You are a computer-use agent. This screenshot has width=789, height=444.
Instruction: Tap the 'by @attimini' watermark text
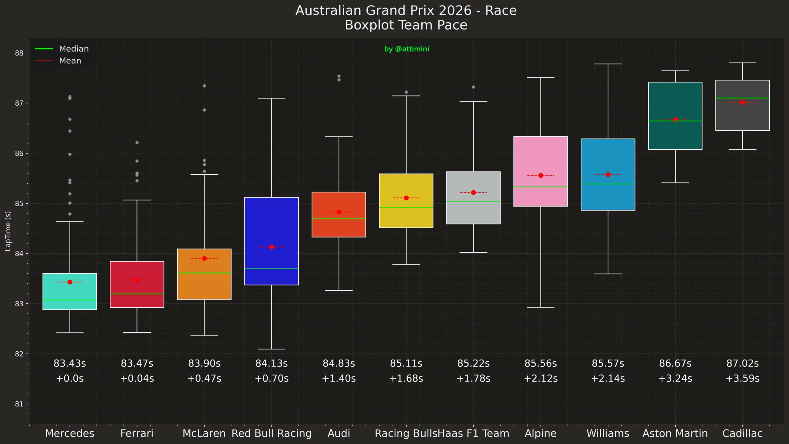tap(406, 49)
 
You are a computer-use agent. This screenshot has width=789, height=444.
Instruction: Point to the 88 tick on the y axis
tap(19, 53)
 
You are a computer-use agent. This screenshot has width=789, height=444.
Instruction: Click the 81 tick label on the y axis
tap(19, 404)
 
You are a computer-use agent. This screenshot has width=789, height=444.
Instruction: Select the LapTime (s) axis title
tap(8, 231)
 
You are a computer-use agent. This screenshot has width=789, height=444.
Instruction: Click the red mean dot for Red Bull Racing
tap(272, 247)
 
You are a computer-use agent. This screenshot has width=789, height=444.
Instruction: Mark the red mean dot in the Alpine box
tap(541, 175)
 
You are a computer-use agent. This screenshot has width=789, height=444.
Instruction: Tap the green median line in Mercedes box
tap(70, 300)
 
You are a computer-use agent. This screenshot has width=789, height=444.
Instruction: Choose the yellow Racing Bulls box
tap(406, 216)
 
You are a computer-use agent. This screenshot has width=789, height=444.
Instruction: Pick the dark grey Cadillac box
tap(742, 117)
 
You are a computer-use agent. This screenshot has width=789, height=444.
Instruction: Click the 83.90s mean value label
tap(204, 364)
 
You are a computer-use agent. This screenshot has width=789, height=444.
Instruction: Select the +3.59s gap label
tap(742, 378)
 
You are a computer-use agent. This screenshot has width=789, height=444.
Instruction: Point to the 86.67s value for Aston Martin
tap(675, 364)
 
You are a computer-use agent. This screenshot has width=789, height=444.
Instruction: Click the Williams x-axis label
tap(608, 433)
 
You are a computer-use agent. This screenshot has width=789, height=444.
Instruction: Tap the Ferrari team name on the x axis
tap(137, 433)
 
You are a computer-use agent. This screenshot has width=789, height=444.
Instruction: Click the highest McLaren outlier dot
tap(204, 86)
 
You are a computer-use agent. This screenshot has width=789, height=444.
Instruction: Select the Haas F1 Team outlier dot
tap(473, 87)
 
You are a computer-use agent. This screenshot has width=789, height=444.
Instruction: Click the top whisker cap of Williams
tap(608, 64)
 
